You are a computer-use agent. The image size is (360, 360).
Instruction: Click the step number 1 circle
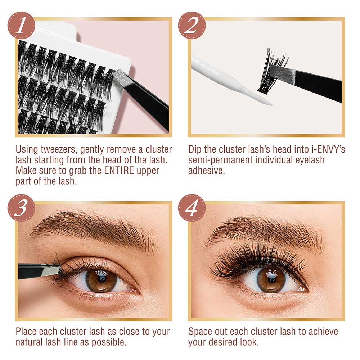click(x=21, y=25)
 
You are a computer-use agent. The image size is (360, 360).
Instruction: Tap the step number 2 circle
click(x=192, y=25)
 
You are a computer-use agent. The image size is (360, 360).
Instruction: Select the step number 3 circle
click(x=21, y=208)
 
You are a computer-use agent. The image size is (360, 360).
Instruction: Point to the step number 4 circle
click(x=192, y=208)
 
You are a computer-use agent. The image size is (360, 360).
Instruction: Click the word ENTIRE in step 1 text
click(x=119, y=171)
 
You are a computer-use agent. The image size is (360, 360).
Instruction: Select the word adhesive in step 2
click(x=206, y=171)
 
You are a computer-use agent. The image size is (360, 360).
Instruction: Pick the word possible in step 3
click(x=109, y=342)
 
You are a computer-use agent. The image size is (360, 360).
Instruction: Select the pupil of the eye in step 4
click(x=272, y=280)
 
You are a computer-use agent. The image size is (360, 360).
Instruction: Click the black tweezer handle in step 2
click(x=318, y=85)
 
